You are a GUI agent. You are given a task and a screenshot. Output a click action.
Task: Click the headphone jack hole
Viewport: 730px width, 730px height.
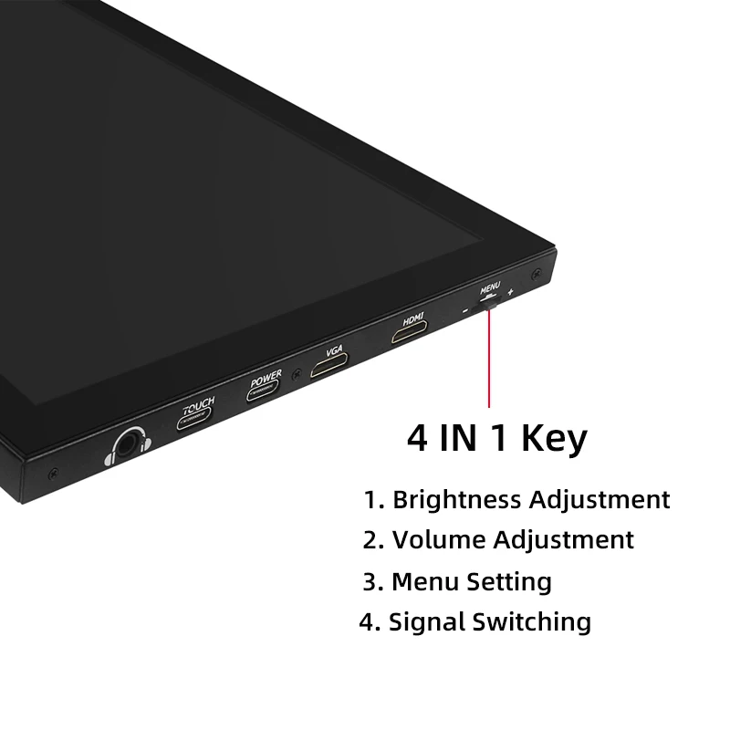tap(126, 445)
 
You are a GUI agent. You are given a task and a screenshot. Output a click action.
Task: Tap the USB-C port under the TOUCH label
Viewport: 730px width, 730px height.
tap(194, 421)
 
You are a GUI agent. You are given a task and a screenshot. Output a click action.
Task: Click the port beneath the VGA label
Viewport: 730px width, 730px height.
tap(330, 368)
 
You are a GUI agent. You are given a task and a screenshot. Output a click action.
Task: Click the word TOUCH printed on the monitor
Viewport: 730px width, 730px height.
tap(198, 403)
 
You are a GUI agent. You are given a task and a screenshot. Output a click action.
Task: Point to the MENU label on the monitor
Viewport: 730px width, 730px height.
tap(490, 287)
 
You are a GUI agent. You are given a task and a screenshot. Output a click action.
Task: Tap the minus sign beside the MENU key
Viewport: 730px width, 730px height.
tap(464, 311)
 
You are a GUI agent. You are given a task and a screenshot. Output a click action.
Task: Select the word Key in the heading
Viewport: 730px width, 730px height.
tap(554, 439)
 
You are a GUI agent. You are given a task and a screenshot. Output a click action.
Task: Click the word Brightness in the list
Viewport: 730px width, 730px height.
tap(457, 500)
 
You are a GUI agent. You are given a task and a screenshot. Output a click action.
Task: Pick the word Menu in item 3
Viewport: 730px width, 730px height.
tap(425, 581)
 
